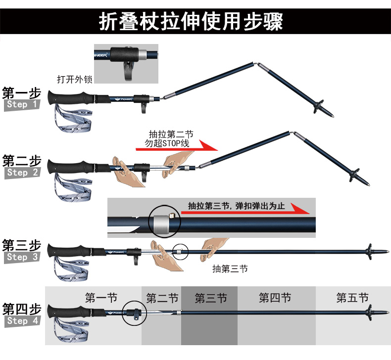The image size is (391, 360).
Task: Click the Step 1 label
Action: pyautogui.click(x=22, y=105)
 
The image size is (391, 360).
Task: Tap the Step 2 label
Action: pyautogui.click(x=22, y=173)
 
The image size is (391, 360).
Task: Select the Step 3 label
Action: pyautogui.click(x=22, y=257)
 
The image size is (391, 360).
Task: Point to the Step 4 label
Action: pyautogui.click(x=22, y=321)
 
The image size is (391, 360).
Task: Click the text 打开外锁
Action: pyautogui.click(x=74, y=79)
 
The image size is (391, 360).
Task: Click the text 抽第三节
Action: pyautogui.click(x=230, y=269)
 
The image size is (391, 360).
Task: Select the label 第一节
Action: pyautogui.click(x=101, y=298)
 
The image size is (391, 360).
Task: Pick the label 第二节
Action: pyautogui.click(x=162, y=298)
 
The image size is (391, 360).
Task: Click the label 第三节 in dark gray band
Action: pyautogui.click(x=210, y=298)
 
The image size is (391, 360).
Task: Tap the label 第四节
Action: pyautogui.click(x=275, y=298)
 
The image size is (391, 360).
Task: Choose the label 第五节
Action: pyautogui.click(x=352, y=298)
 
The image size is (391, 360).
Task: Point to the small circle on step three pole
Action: pyautogui.click(x=181, y=251)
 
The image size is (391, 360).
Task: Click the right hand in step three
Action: pyautogui.click(x=214, y=246)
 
